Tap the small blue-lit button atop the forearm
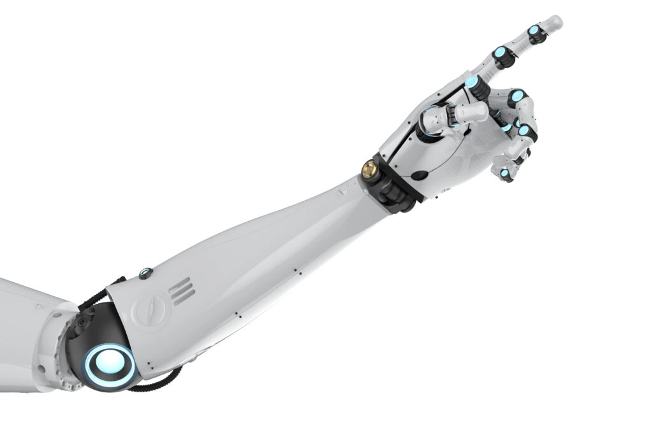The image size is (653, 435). click(x=145, y=273)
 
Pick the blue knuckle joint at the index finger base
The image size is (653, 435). click(x=473, y=82)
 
